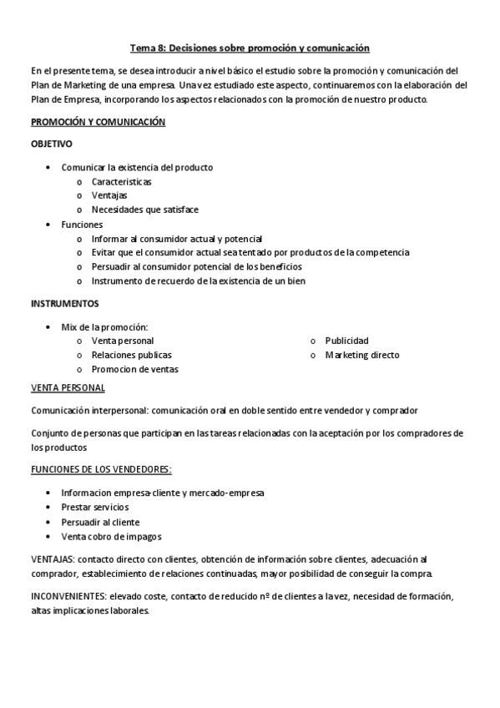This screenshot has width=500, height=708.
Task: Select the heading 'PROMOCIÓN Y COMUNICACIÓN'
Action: [98, 122]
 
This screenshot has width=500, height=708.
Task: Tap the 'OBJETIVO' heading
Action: [52, 144]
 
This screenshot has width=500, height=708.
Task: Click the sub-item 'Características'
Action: [122, 181]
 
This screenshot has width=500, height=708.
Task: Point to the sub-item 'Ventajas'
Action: [109, 195]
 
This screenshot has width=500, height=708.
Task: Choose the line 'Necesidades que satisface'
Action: [145, 210]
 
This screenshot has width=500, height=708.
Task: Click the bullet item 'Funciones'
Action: [82, 224]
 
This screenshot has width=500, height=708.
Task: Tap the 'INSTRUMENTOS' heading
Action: [64, 303]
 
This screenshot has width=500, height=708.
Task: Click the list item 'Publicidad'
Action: [346, 341]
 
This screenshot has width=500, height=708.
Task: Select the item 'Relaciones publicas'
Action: [132, 355]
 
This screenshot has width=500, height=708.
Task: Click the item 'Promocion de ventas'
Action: [135, 369]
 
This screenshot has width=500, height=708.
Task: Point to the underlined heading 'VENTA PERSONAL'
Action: [68, 387]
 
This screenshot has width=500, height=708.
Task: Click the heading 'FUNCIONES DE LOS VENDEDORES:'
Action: [101, 470]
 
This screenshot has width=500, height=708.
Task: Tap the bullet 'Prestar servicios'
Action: [95, 507]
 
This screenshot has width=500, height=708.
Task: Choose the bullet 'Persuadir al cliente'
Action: [100, 521]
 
